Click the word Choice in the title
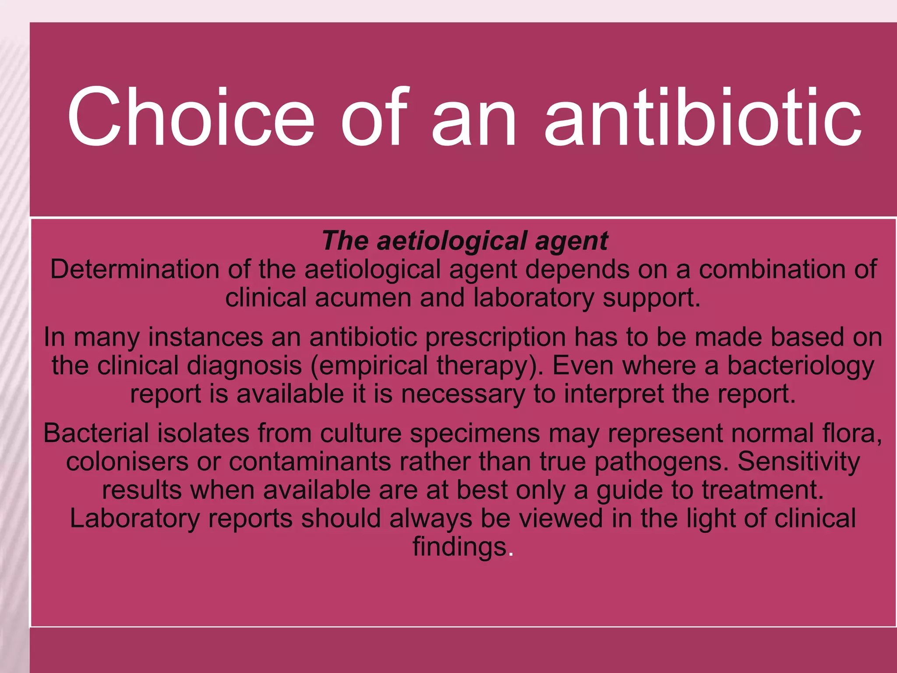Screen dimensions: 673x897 point(191,117)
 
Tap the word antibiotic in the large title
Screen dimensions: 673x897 point(703,117)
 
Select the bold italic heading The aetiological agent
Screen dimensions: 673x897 point(465,241)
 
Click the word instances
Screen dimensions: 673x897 point(205,337)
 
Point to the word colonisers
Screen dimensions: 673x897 point(127,462)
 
